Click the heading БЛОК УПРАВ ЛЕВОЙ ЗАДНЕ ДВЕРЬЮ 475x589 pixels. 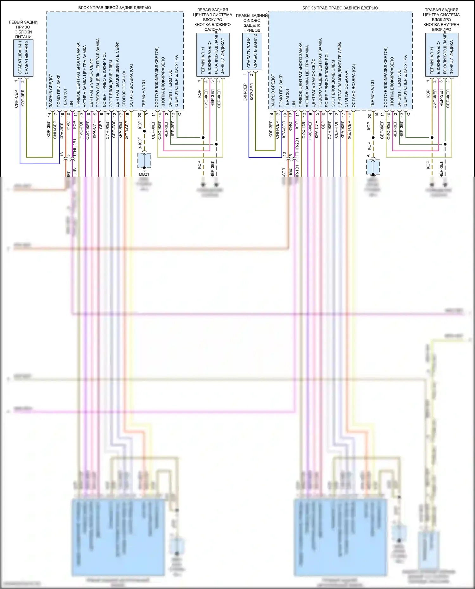115,8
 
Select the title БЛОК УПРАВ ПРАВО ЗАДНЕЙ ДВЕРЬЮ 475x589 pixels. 340,8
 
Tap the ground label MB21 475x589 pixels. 144,174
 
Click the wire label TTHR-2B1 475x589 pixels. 297,147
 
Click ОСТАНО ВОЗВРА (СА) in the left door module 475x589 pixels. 131,86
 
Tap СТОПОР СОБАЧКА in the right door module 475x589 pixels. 346,89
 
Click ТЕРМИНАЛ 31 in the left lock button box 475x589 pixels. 203,60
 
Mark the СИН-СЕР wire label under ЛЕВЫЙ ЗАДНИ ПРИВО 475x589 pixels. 16,99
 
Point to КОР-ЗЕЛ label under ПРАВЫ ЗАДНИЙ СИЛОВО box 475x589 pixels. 252,92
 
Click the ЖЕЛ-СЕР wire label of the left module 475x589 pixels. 127,130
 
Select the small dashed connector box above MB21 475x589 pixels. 144,160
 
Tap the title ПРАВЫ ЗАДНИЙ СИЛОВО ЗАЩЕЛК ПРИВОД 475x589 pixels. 252,23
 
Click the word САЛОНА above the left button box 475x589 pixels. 213,29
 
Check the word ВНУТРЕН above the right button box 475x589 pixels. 449,24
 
